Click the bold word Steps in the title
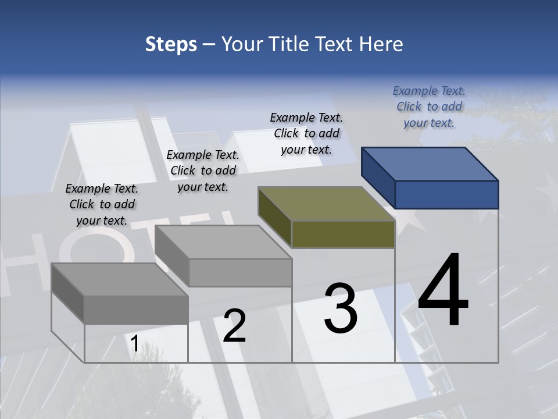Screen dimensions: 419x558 tap(171, 44)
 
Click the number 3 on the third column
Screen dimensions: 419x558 tap(341, 308)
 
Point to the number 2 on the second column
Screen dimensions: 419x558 tap(234, 326)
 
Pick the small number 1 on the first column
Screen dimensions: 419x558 tap(134, 344)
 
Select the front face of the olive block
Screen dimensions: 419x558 tap(343, 235)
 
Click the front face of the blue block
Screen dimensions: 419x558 tap(446, 194)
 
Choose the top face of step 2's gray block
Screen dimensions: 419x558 tap(223, 242)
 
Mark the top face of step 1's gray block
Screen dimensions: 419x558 tap(120, 279)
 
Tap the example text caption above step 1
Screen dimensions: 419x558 tap(102, 204)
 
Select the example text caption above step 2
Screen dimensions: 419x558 tap(203, 171)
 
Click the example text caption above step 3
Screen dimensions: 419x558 tap(306, 133)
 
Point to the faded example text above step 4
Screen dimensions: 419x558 tap(429, 106)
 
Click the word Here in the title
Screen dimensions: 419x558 tap(382, 44)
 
